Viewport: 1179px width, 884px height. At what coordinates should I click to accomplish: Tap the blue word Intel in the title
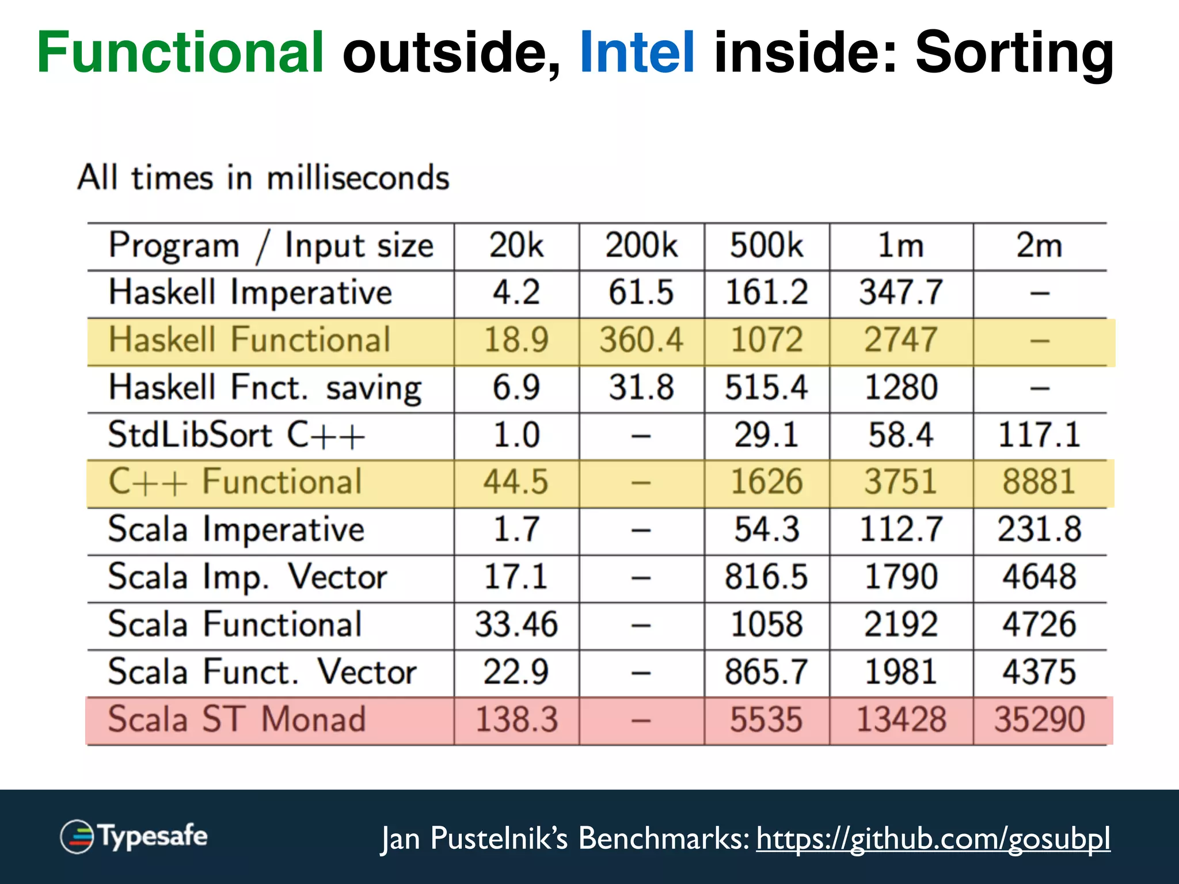[637, 53]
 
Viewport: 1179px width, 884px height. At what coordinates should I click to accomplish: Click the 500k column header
[766, 246]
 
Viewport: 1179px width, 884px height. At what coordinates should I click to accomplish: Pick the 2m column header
[1039, 246]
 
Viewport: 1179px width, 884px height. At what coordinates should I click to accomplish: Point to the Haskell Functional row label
[250, 340]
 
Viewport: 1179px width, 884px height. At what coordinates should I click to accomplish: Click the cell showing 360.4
[641, 340]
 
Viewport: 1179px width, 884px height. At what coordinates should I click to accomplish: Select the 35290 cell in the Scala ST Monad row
[1040, 720]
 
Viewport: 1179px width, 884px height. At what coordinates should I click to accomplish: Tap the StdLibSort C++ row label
[237, 435]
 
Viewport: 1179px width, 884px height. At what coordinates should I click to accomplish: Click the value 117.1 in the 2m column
[1039, 435]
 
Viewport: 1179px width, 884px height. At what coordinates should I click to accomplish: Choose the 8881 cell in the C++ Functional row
[1039, 482]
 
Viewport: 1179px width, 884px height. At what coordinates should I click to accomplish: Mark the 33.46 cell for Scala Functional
[516, 625]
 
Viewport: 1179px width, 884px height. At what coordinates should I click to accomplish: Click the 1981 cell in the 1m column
[901, 672]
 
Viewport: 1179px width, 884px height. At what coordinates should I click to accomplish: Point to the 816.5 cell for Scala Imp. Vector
[766, 577]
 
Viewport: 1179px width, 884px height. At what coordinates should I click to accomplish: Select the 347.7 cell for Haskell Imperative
[901, 292]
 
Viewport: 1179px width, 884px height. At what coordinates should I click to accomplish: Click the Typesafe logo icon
[77, 836]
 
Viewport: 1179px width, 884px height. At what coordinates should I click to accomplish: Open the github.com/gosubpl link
[933, 839]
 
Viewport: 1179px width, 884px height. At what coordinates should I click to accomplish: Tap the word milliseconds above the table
[357, 178]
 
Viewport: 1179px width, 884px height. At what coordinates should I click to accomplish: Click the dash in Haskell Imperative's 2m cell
[1040, 294]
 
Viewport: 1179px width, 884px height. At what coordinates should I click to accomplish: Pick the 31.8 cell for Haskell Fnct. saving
[641, 387]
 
